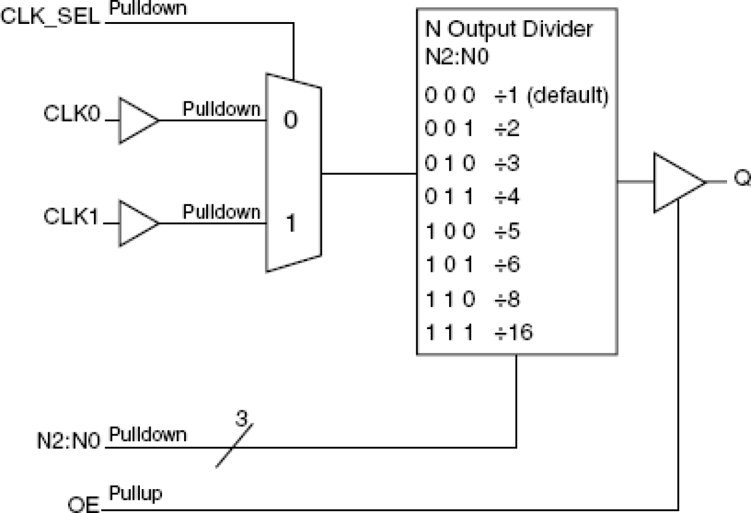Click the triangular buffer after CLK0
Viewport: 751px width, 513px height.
coord(136,121)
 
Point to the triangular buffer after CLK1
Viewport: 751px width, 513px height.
coord(136,223)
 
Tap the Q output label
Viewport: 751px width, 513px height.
coord(741,180)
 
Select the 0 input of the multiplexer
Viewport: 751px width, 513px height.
coord(290,121)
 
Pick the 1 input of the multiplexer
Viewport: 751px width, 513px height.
coord(290,225)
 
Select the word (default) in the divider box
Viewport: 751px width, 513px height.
coord(567,96)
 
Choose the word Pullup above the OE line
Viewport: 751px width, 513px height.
coord(136,494)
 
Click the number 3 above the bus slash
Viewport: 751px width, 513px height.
coord(241,419)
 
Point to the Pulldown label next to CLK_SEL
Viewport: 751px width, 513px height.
coord(148,8)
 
